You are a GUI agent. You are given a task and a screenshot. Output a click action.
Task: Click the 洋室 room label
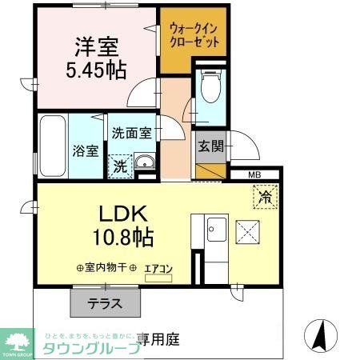point(95,46)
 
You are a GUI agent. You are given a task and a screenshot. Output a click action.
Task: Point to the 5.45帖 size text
point(95,70)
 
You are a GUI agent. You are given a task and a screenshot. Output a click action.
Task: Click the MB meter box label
point(254,174)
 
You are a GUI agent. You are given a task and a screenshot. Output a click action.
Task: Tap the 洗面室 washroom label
point(131,134)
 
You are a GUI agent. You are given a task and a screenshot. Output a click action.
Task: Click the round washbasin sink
point(145,166)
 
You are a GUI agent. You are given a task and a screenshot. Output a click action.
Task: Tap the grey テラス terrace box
point(105,303)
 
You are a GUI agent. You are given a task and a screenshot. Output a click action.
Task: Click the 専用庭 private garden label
point(157,338)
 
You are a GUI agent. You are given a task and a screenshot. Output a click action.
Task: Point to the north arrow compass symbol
point(320,334)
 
